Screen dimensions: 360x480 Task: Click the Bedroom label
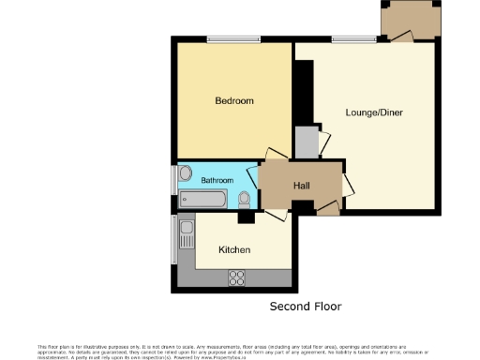pyautogui.click(x=234, y=100)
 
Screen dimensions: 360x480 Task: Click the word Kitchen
pyautogui.click(x=233, y=250)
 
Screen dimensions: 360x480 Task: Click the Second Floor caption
pyautogui.click(x=306, y=307)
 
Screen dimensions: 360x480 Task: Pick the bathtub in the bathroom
pyautogui.click(x=202, y=200)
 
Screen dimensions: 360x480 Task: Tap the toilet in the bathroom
pyautogui.click(x=246, y=199)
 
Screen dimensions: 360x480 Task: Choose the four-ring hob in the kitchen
pyautogui.click(x=236, y=277)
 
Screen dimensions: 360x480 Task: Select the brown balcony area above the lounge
pyautogui.click(x=410, y=19)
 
